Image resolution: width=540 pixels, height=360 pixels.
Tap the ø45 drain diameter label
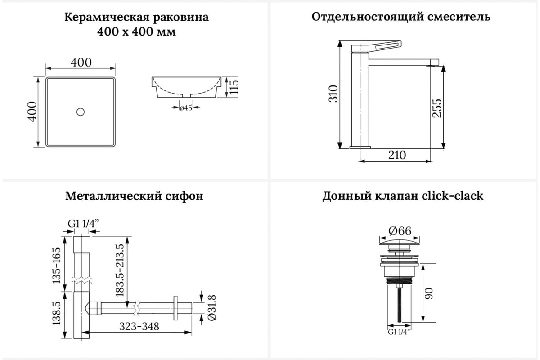click(186, 108)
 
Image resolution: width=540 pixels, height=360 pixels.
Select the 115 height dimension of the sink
click(234, 87)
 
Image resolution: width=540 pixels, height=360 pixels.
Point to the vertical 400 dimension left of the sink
click(32, 112)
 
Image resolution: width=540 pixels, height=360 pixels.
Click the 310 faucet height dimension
click(333, 94)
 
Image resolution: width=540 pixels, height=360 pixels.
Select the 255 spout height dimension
click(436, 108)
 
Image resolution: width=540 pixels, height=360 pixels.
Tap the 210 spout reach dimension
click(397, 155)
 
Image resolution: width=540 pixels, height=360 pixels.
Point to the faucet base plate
click(360, 147)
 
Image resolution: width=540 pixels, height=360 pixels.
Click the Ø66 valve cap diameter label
click(400, 231)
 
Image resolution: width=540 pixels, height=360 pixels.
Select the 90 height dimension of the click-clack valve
click(429, 294)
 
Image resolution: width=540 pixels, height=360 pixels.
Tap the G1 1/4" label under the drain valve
click(399, 332)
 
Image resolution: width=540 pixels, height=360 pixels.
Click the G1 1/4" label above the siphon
click(83, 224)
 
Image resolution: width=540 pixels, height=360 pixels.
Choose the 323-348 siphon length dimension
click(139, 327)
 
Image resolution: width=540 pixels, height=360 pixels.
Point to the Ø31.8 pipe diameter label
click(211, 308)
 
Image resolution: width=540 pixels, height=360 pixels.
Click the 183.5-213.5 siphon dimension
click(120, 270)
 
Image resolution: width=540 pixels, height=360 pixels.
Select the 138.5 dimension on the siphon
click(57, 313)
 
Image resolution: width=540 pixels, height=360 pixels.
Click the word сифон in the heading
click(184, 196)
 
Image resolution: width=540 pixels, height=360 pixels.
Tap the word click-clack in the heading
click(453, 196)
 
